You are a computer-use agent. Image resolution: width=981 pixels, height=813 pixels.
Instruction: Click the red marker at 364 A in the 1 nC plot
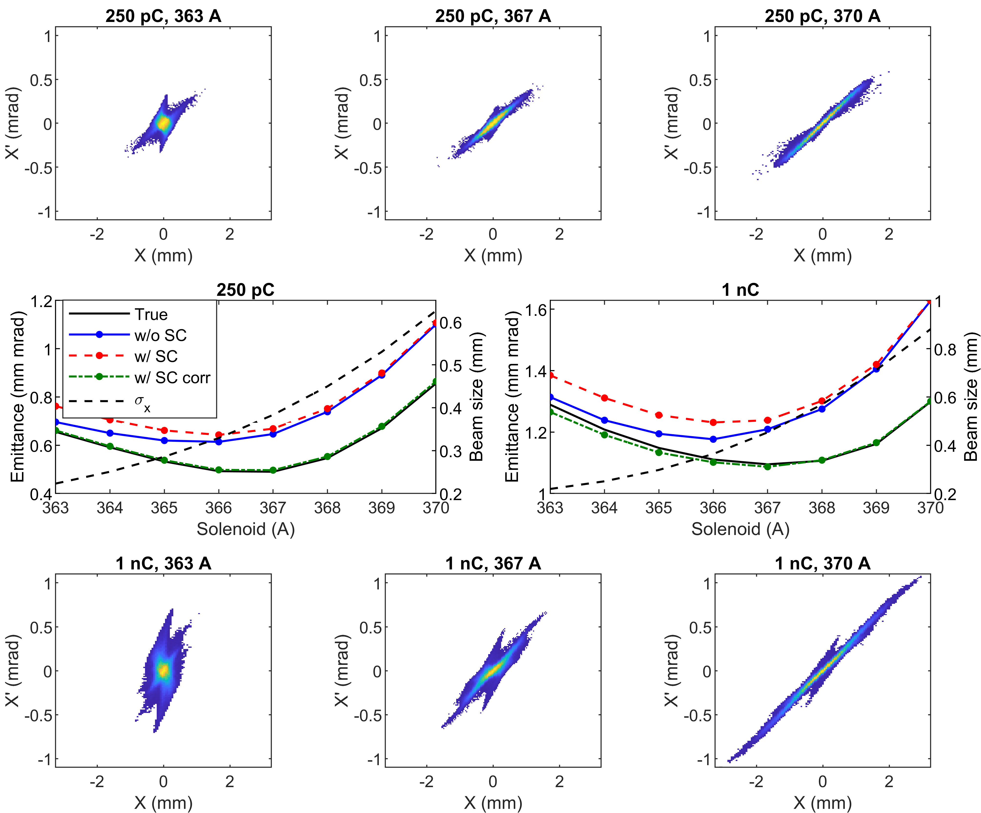coord(604,398)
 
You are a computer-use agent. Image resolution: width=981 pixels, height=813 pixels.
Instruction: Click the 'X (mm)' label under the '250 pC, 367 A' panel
coord(493,256)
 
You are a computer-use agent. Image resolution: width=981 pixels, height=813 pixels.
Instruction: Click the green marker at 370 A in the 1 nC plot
coord(929,401)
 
